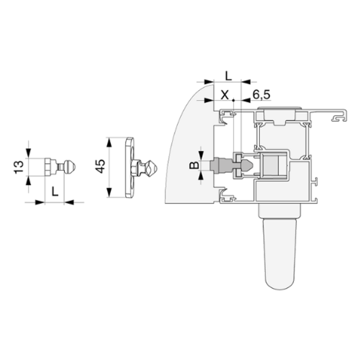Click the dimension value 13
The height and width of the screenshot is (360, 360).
[19, 167]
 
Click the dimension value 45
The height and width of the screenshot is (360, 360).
[100, 166]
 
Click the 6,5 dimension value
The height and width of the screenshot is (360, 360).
[261, 95]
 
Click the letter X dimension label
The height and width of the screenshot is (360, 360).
[225, 95]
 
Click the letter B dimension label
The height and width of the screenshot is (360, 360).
[194, 165]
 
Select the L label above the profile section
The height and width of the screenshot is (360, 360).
[229, 76]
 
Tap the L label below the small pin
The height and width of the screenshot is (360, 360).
[55, 191]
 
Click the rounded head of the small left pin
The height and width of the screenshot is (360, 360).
[70, 166]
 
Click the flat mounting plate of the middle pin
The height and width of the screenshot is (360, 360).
[130, 167]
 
